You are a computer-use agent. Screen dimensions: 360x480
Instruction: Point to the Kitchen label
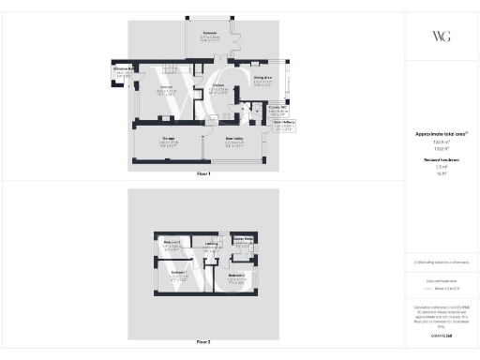coord(217,86)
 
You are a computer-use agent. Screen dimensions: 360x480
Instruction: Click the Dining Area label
coord(262,79)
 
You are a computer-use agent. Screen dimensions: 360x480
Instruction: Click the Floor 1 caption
coord(203,173)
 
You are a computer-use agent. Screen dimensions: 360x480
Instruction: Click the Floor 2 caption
coord(203,342)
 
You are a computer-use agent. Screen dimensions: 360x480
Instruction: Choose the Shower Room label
coord(242,240)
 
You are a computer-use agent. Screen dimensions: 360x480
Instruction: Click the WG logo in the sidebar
coord(441,37)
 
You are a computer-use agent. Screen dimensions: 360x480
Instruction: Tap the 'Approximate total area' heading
coord(440,134)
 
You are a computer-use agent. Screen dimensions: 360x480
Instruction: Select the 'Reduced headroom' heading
coord(440,160)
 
